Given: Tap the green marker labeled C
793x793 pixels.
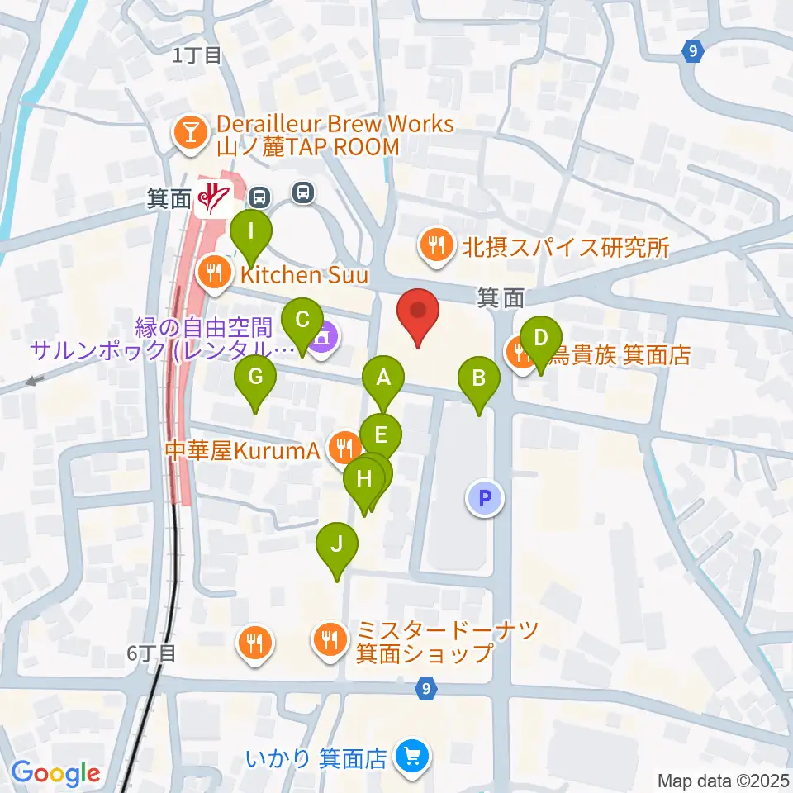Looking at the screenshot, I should pyautogui.click(x=302, y=320).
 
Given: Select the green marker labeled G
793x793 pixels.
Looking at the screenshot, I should pyautogui.click(x=255, y=379).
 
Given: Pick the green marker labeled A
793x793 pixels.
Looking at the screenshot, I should pyautogui.click(x=383, y=379).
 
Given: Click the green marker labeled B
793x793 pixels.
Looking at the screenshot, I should pyautogui.click(x=479, y=379).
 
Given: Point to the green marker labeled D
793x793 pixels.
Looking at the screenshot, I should pyautogui.click(x=541, y=339).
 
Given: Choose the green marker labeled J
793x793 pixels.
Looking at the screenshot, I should pyautogui.click(x=337, y=546).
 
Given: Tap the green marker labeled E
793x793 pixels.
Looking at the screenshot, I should pyautogui.click(x=381, y=435).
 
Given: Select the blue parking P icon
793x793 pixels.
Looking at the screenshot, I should pyautogui.click(x=485, y=498).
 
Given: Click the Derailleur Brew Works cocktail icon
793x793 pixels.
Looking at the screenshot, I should pyautogui.click(x=191, y=134).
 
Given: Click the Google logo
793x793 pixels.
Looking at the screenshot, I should pyautogui.click(x=56, y=773).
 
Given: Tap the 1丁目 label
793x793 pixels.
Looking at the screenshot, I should pyautogui.click(x=197, y=55).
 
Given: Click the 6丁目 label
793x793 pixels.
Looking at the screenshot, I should pyautogui.click(x=151, y=653).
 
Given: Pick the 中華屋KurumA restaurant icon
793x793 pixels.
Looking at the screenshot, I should pyautogui.click(x=343, y=449).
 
